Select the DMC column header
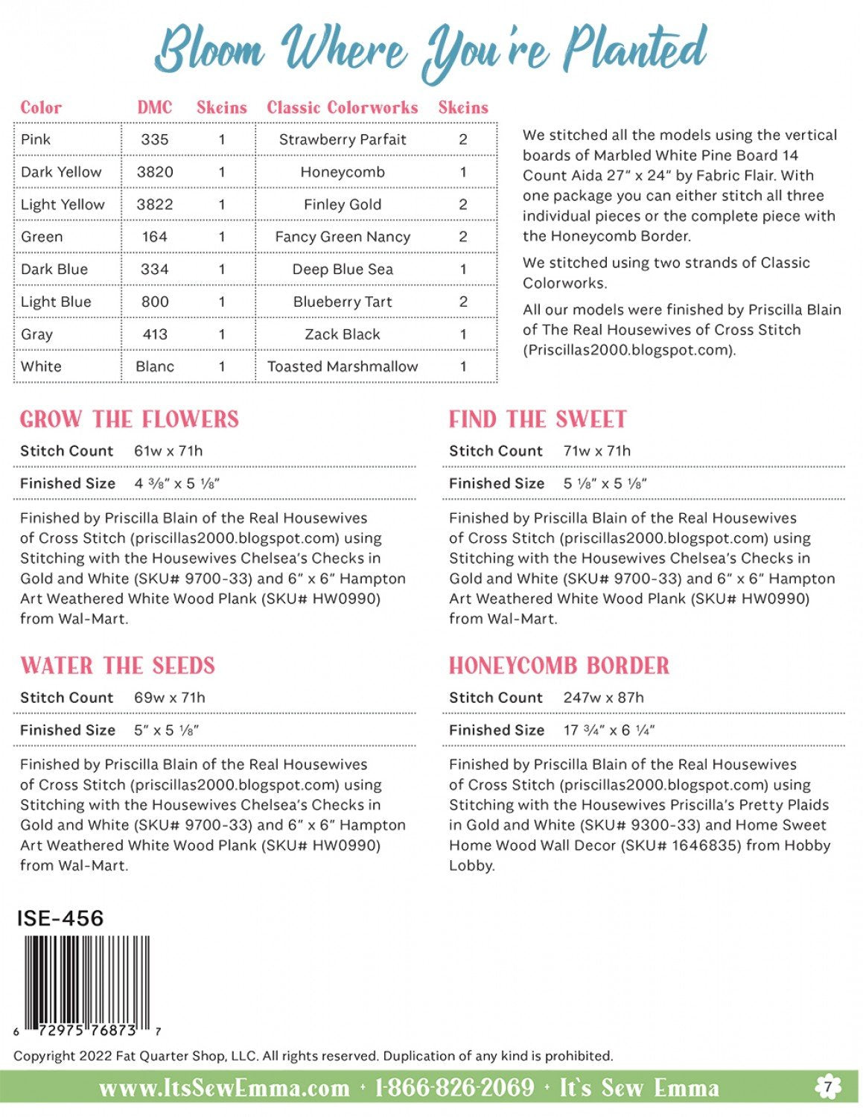pos(155,107)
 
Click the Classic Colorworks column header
pos(343,107)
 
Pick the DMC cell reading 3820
pos(155,172)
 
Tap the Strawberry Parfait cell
pos(343,139)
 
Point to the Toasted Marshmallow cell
pos(343,366)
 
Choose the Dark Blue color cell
pos(54,270)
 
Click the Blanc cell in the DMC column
pos(155,366)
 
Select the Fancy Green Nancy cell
pos(343,237)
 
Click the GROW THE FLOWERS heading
pos(130,419)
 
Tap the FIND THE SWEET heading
pos(538,419)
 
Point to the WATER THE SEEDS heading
pos(118,666)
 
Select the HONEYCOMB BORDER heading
pos(559,666)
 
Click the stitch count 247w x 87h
pos(603,698)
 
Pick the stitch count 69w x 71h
pos(169,698)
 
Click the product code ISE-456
pos(60,918)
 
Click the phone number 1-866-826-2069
pos(454,1088)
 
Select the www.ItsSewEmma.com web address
pos(224,1088)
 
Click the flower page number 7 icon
pos(827,1087)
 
